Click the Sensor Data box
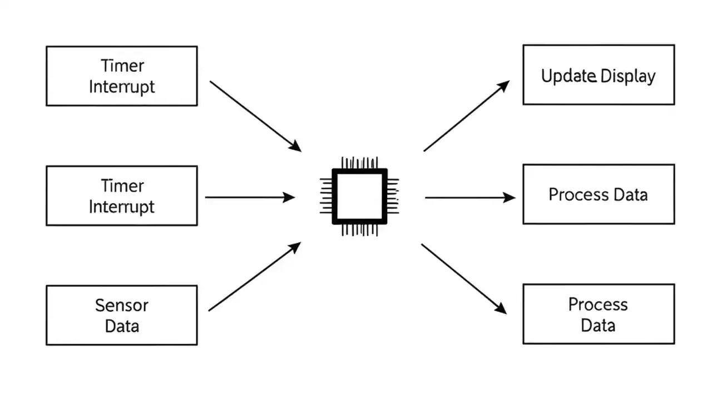tap(121, 315)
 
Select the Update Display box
tap(599, 75)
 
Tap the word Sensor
tap(121, 305)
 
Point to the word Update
tap(568, 76)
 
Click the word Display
tap(628, 76)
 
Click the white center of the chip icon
tap(359, 196)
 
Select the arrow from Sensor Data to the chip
tap(254, 277)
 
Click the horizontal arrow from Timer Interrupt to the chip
tap(250, 197)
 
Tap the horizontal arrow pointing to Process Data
tap(470, 197)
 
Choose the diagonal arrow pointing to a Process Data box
tap(463, 278)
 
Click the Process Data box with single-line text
tap(599, 194)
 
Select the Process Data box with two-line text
tap(599, 314)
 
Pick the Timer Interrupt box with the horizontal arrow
tap(121, 195)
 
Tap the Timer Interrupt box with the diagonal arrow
tap(121, 76)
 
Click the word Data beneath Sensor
tap(121, 326)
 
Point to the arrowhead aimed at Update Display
tap(503, 85)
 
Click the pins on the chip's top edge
tap(359, 163)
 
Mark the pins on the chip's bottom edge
tap(359, 229)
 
